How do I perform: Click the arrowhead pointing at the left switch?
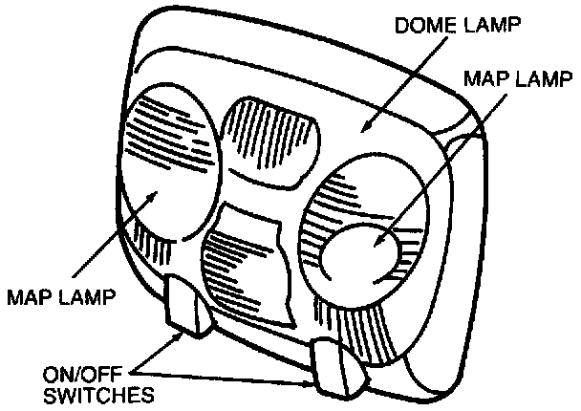pos(183,332)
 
